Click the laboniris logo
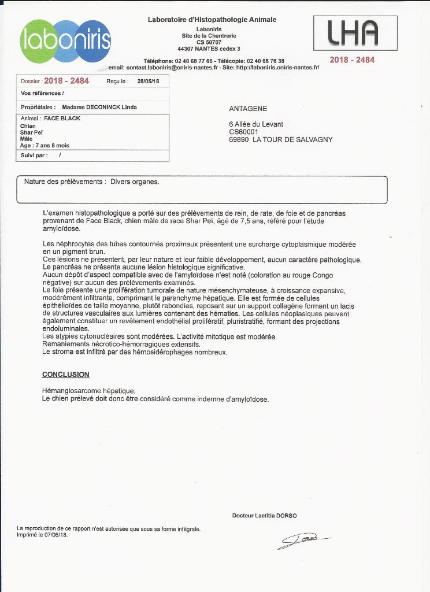point(65,41)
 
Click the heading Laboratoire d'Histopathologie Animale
point(212,20)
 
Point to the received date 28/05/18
point(149,82)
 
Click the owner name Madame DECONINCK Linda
point(99,107)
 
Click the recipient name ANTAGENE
point(249,109)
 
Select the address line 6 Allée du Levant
point(256,124)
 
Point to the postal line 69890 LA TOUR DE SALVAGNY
point(281,139)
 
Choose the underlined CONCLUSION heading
point(66,375)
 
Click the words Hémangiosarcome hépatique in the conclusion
point(88,391)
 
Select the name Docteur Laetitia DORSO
point(264,516)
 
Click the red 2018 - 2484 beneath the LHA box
point(352,60)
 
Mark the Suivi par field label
point(34,156)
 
